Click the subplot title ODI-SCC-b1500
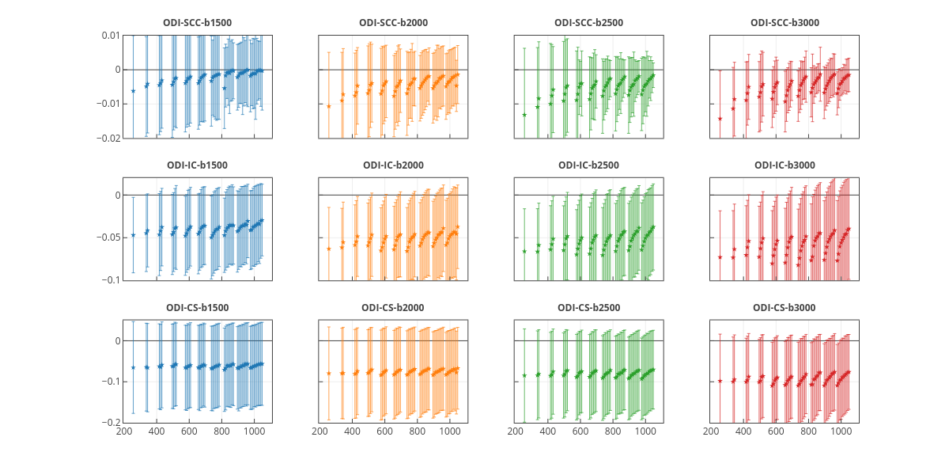tap(197, 22)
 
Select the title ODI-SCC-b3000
tap(784, 22)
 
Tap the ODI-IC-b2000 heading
tap(393, 165)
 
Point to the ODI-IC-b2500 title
tap(588, 165)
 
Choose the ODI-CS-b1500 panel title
tap(197, 307)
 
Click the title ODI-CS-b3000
tap(784, 307)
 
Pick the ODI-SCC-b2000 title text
tap(393, 22)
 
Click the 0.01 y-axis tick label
tap(110, 36)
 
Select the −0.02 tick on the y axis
tap(108, 138)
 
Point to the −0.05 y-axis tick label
tap(108, 237)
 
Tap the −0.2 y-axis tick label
tap(110, 423)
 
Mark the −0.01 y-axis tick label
tap(108, 104)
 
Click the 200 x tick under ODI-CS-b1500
tap(124, 432)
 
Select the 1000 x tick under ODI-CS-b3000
tap(841, 432)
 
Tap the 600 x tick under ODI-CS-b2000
tap(384, 432)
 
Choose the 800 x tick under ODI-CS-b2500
tap(613, 432)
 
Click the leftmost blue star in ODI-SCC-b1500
tap(133, 91)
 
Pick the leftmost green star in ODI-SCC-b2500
tap(524, 115)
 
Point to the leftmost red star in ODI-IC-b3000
tap(720, 256)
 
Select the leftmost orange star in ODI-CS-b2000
tap(329, 373)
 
